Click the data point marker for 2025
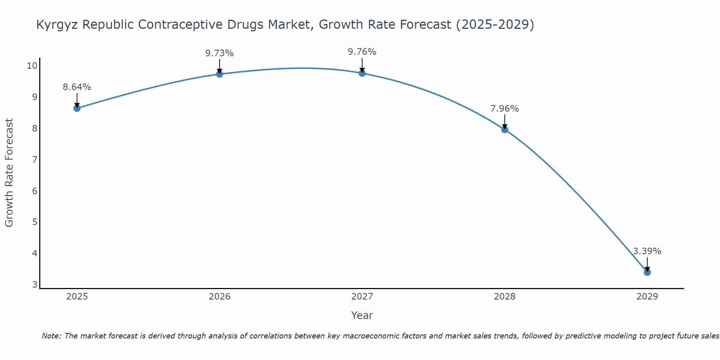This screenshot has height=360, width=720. coord(77,108)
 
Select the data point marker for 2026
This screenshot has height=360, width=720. coord(220,74)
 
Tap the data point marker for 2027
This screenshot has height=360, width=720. coord(362,73)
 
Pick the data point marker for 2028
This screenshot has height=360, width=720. coord(505,129)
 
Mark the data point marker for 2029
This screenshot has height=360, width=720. coord(647,272)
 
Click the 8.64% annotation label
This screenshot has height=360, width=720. coord(77,87)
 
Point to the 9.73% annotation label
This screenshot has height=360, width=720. coord(220,53)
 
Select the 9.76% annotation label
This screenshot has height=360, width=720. coord(362,52)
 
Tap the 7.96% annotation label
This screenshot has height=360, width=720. coord(505,109)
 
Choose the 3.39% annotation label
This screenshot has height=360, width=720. coord(647,251)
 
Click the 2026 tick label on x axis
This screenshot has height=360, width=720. coord(220,297)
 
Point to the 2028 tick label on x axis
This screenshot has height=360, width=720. coord(505,297)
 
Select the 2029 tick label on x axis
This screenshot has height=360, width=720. coord(647,297)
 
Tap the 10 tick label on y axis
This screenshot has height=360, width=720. coord(32,66)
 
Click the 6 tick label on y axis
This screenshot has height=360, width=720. coord(35,191)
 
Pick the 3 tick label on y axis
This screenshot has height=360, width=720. coord(35,285)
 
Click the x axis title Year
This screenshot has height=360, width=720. coord(362,315)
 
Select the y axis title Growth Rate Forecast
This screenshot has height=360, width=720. coord(9,172)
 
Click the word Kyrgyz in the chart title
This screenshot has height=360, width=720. coord(58,25)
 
